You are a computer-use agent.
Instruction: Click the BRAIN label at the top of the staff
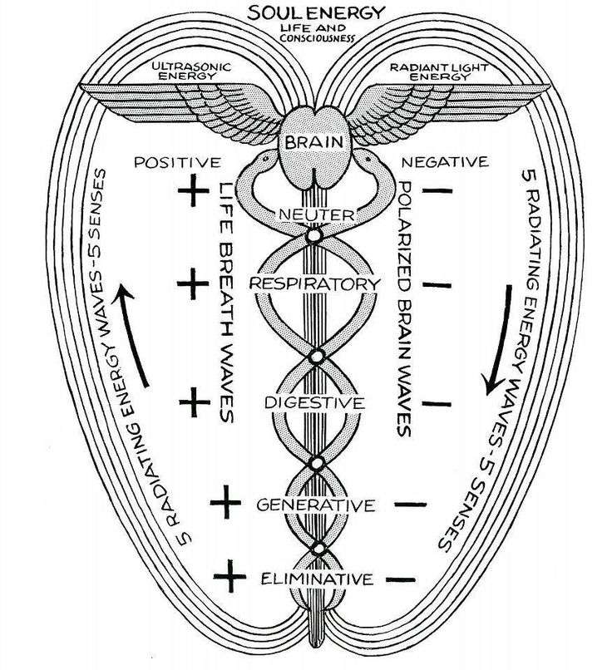pyautogui.click(x=314, y=142)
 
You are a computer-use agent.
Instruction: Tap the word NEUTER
pyautogui.click(x=317, y=214)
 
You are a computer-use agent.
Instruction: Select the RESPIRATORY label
pyautogui.click(x=314, y=283)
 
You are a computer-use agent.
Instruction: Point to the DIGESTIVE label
pyautogui.click(x=314, y=402)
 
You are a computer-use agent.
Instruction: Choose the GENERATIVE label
pyautogui.click(x=316, y=505)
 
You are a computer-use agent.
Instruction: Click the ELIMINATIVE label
pyautogui.click(x=317, y=579)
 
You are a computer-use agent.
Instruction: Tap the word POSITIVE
pyautogui.click(x=177, y=162)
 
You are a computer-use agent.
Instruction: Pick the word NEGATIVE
pyautogui.click(x=445, y=162)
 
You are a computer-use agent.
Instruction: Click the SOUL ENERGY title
pyautogui.click(x=316, y=12)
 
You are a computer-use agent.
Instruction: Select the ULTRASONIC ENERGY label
pyautogui.click(x=191, y=71)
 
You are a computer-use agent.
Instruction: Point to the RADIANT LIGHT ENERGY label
pyautogui.click(x=439, y=72)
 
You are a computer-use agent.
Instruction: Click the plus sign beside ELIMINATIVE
pyautogui.click(x=230, y=576)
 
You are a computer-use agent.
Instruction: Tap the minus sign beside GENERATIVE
pyautogui.click(x=411, y=505)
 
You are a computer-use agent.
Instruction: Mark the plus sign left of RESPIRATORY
pyautogui.click(x=193, y=283)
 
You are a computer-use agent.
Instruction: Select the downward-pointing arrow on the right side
pyautogui.click(x=499, y=340)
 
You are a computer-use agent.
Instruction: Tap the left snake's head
pyautogui.click(x=265, y=158)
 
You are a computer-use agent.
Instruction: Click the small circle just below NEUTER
pyautogui.click(x=313, y=235)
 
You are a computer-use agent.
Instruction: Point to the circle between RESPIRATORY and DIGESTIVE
pyautogui.click(x=317, y=357)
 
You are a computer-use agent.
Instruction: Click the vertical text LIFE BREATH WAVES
pyautogui.click(x=227, y=303)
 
